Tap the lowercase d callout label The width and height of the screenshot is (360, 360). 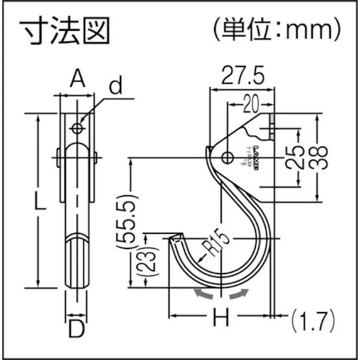pos(116,86)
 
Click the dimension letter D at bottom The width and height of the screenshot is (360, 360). pos(76,330)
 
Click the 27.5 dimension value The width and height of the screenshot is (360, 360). pos(242,76)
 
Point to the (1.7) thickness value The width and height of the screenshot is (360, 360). pos(314,320)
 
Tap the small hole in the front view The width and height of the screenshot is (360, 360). pos(77,128)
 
